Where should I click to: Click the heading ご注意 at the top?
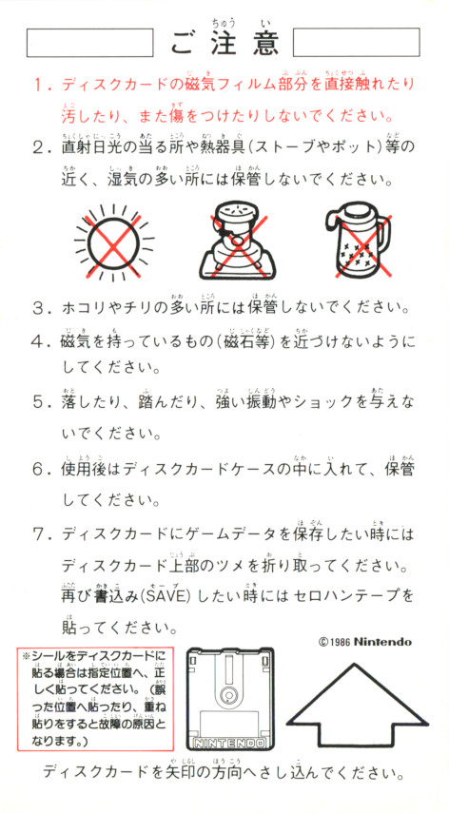click(x=224, y=43)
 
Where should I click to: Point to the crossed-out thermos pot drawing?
click(x=359, y=243)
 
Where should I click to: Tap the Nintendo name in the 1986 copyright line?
click(x=382, y=642)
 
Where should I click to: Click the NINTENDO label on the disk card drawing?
click(x=228, y=743)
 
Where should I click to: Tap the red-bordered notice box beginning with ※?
click(x=95, y=699)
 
